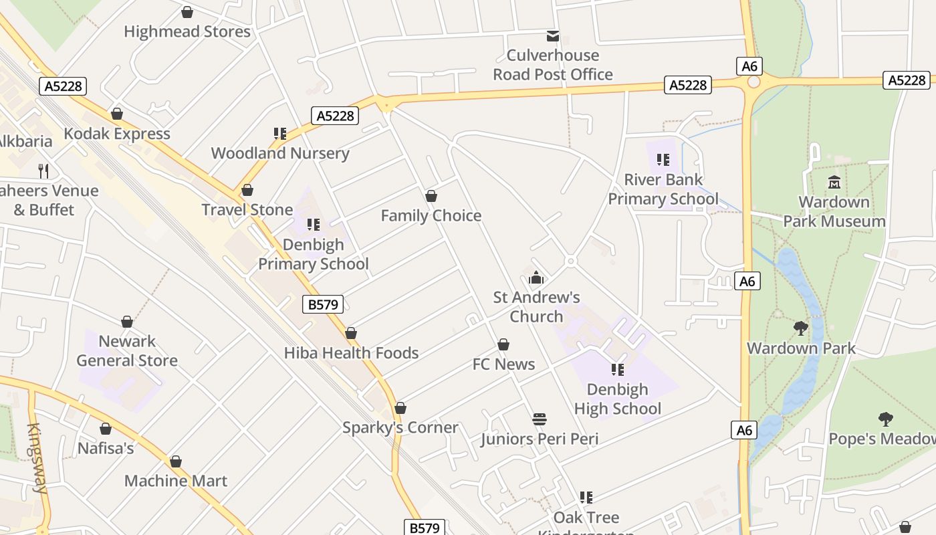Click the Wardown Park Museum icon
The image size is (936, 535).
point(834,182)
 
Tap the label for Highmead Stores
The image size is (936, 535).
point(187,31)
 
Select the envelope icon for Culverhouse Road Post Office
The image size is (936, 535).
point(553,35)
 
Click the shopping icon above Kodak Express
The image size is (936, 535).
point(117,114)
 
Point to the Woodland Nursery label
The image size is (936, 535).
point(280,153)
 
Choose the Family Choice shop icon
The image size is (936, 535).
point(431,196)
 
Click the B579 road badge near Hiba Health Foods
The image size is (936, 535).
point(323,305)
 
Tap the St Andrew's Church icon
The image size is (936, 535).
point(536,278)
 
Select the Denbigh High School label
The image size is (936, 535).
point(617,399)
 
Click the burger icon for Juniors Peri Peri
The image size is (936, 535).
point(540,419)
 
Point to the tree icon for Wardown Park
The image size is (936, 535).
point(800,328)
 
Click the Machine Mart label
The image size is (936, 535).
point(176,481)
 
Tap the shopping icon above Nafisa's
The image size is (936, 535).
point(106,429)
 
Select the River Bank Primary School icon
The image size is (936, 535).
point(663,160)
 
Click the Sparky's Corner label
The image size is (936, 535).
point(400,427)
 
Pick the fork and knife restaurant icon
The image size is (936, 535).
point(43,171)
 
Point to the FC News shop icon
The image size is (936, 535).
point(503,345)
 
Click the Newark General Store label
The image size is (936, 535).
point(127,351)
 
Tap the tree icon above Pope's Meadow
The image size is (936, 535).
point(886,419)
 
